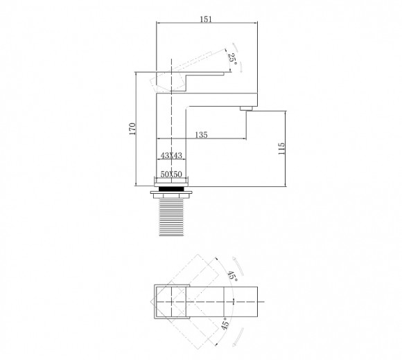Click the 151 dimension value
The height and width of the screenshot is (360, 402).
206,19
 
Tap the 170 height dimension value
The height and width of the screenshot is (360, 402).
132,129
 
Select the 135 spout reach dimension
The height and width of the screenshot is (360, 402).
201,135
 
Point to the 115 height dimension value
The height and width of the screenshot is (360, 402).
281,149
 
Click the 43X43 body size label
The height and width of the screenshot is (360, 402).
171,155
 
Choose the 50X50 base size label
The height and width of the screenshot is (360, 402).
171,174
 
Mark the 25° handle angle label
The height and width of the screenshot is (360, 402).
232,58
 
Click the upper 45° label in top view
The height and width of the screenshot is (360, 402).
232,276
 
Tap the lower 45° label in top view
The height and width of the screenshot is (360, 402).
225,323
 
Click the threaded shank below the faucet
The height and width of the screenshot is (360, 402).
171,217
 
